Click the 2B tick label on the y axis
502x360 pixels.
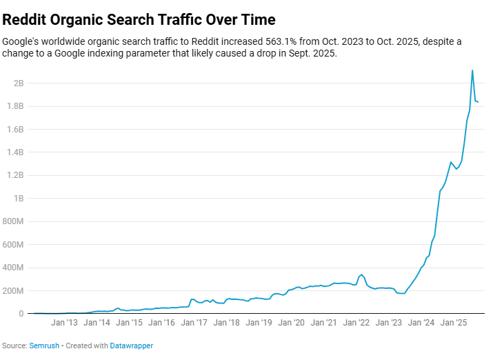click(18, 83)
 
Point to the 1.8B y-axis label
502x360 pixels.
click(16, 106)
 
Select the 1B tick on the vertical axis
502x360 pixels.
click(18, 199)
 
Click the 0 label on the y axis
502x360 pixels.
click(21, 314)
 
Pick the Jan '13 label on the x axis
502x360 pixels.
click(63, 322)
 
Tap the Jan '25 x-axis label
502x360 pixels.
click(454, 322)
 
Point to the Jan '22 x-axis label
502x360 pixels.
click(357, 322)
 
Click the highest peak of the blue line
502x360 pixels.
click(472, 70)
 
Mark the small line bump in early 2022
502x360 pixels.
click(361, 274)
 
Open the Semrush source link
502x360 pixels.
click(43, 346)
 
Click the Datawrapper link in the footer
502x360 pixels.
click(132, 346)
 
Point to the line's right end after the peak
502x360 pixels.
click(479, 102)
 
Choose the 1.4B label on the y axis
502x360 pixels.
click(16, 152)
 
